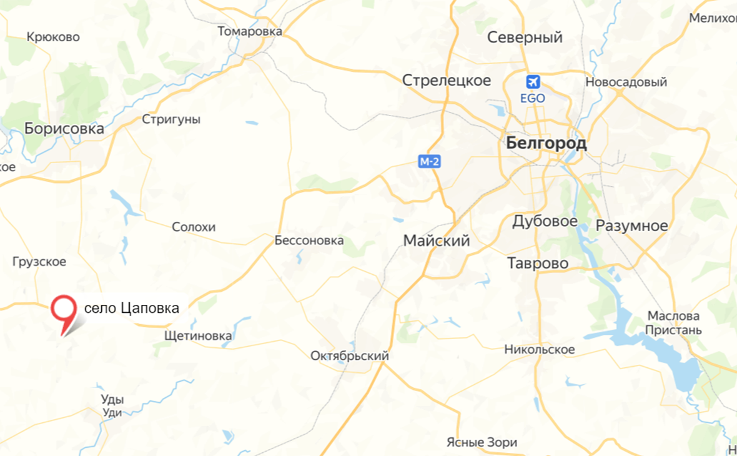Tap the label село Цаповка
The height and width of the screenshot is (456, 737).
click(x=132, y=308)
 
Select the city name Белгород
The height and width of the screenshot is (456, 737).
click(x=547, y=144)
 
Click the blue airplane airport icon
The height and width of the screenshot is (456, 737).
click(x=533, y=82)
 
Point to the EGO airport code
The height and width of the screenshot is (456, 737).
click(x=533, y=99)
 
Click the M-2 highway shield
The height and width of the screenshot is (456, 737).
click(x=430, y=162)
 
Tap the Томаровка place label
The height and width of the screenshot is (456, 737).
click(x=250, y=31)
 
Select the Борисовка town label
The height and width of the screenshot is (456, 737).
click(x=64, y=129)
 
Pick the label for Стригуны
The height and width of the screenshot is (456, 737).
click(x=171, y=119)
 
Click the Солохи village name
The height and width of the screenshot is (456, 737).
click(x=194, y=227)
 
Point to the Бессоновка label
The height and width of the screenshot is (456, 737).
click(x=309, y=240)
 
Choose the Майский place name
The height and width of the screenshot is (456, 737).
click(x=437, y=241)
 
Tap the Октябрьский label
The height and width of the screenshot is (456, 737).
click(x=350, y=356)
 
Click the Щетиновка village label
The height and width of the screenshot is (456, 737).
click(x=197, y=336)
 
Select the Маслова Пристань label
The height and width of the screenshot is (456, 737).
click(x=674, y=323)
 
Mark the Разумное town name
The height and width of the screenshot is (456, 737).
click(x=631, y=226)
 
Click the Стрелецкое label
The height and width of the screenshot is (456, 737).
click(x=447, y=81)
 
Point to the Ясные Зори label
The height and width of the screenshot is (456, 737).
click(x=482, y=443)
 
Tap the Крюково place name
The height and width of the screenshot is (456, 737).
click(x=54, y=37)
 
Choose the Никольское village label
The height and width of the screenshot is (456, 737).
click(x=540, y=350)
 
